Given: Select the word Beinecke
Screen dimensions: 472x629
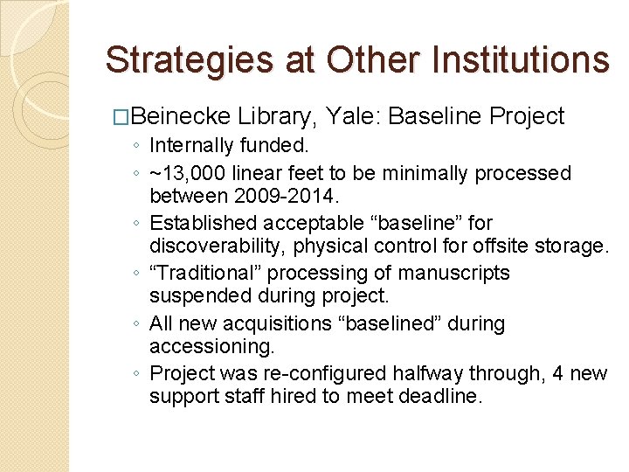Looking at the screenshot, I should pyautogui.click(x=183, y=116).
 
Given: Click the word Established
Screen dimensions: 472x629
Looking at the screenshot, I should pyautogui.click(x=203, y=224).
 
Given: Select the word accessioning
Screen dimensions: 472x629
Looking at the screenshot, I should pyautogui.click(x=199, y=346).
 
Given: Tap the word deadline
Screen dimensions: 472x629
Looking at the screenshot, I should pyautogui.click(x=437, y=396).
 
